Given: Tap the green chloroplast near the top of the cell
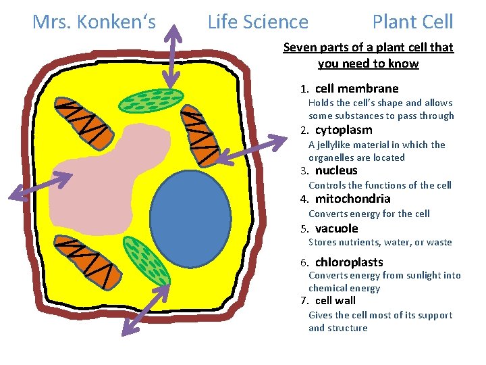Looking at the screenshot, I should (x=151, y=100).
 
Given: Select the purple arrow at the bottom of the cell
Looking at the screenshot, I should (x=145, y=317).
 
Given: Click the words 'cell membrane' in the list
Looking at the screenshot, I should (x=356, y=89).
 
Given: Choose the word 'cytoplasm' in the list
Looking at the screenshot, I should (x=344, y=130).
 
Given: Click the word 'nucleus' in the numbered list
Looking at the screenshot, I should (x=336, y=170).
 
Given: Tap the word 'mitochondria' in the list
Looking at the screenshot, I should (x=352, y=199).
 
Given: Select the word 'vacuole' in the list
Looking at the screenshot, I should (x=336, y=228).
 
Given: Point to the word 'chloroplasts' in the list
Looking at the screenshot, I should (x=349, y=262).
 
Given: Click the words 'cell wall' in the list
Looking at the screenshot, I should (x=335, y=301).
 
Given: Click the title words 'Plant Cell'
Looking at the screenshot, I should (x=412, y=22).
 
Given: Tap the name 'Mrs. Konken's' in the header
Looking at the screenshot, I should (x=94, y=22).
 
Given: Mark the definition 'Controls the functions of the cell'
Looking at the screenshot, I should (x=379, y=185).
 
